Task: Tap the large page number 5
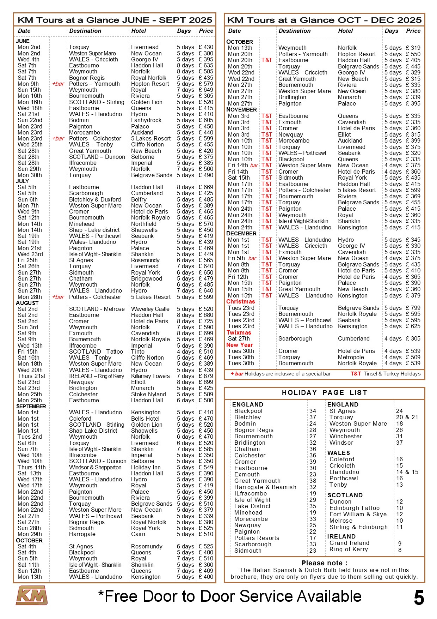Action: pos(419,598)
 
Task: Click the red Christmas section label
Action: pos(240,301)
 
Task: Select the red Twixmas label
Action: pos(239,332)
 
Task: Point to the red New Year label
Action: pos(240,345)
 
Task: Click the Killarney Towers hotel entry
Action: pos(150,376)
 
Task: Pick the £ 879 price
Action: pos(206,376)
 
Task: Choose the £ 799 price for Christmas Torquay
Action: pos(413,308)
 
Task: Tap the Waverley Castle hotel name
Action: pos(150,309)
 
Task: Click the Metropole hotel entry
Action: pos(351,357)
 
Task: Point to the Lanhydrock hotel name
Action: pos(146,120)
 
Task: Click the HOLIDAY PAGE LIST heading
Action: pos(324,392)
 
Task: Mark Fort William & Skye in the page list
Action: pos(358,514)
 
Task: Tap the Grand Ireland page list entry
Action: pos(349,543)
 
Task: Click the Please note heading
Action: pos(324,563)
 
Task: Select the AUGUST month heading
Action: pos(27,303)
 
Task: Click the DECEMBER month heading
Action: pos(241,233)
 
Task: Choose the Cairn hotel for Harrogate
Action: pos(138,534)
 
